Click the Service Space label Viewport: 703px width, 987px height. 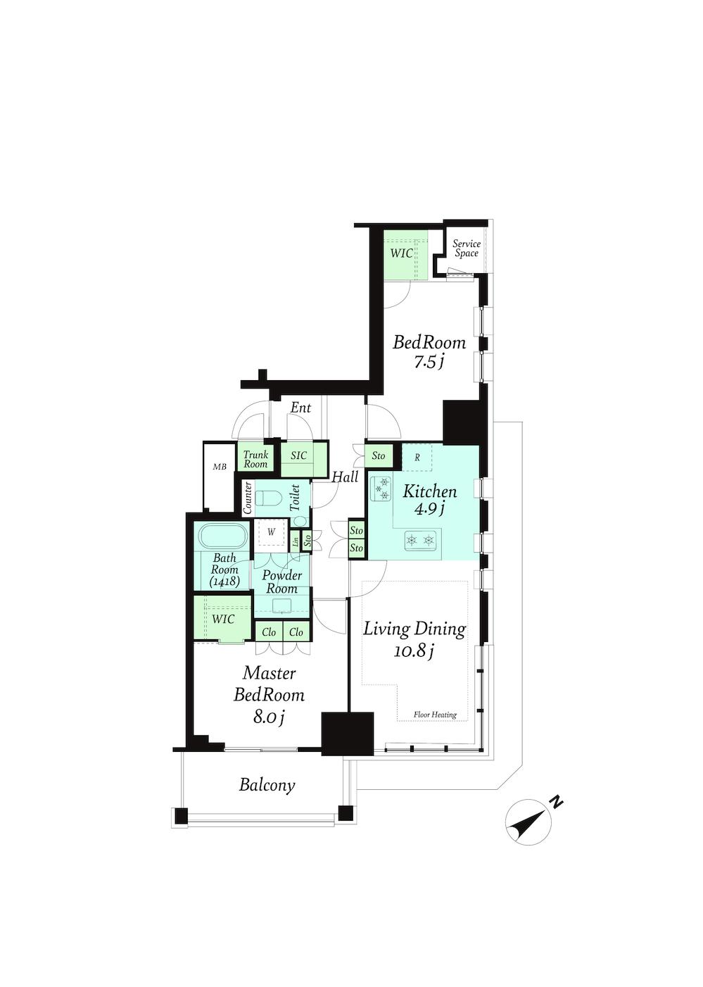(x=467, y=249)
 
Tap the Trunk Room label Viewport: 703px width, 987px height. (x=255, y=459)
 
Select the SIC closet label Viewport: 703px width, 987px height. (x=298, y=455)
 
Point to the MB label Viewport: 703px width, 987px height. (x=220, y=467)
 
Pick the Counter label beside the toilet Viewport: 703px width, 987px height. (x=248, y=498)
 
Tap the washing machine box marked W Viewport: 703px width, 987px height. (x=272, y=532)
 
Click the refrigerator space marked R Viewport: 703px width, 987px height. (x=417, y=458)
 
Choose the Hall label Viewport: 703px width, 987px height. (x=345, y=477)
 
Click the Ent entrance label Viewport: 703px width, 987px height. (x=301, y=408)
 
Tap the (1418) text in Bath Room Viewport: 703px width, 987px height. (x=224, y=581)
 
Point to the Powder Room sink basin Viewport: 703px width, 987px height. (x=282, y=607)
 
